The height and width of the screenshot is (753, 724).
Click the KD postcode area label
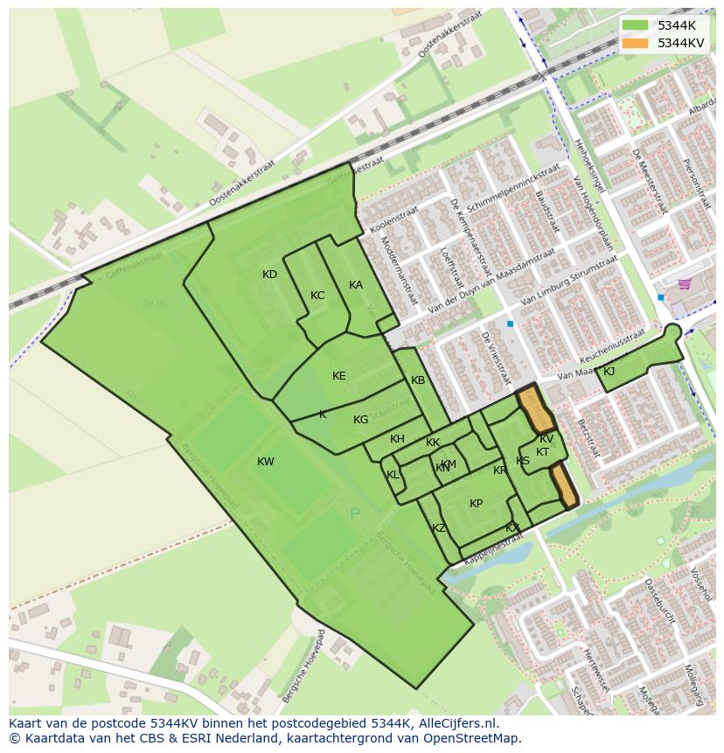(269, 275)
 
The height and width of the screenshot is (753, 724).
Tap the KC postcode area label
(317, 296)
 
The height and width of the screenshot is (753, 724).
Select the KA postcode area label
(356, 285)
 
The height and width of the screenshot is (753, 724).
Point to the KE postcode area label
(339, 376)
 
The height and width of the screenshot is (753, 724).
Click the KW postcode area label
(266, 462)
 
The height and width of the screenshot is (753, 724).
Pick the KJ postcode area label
(609, 372)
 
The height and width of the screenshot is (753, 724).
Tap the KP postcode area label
(476, 504)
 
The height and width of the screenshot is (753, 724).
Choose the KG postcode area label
(360, 420)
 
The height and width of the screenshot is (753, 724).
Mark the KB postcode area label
(418, 380)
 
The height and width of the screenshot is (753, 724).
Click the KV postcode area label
(546, 439)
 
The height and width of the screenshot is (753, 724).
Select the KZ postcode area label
(439, 528)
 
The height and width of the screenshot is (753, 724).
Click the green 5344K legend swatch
(636, 25)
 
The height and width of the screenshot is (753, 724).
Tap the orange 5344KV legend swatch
(636, 43)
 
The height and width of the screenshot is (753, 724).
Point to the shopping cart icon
(684, 283)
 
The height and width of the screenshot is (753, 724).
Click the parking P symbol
(355, 513)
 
